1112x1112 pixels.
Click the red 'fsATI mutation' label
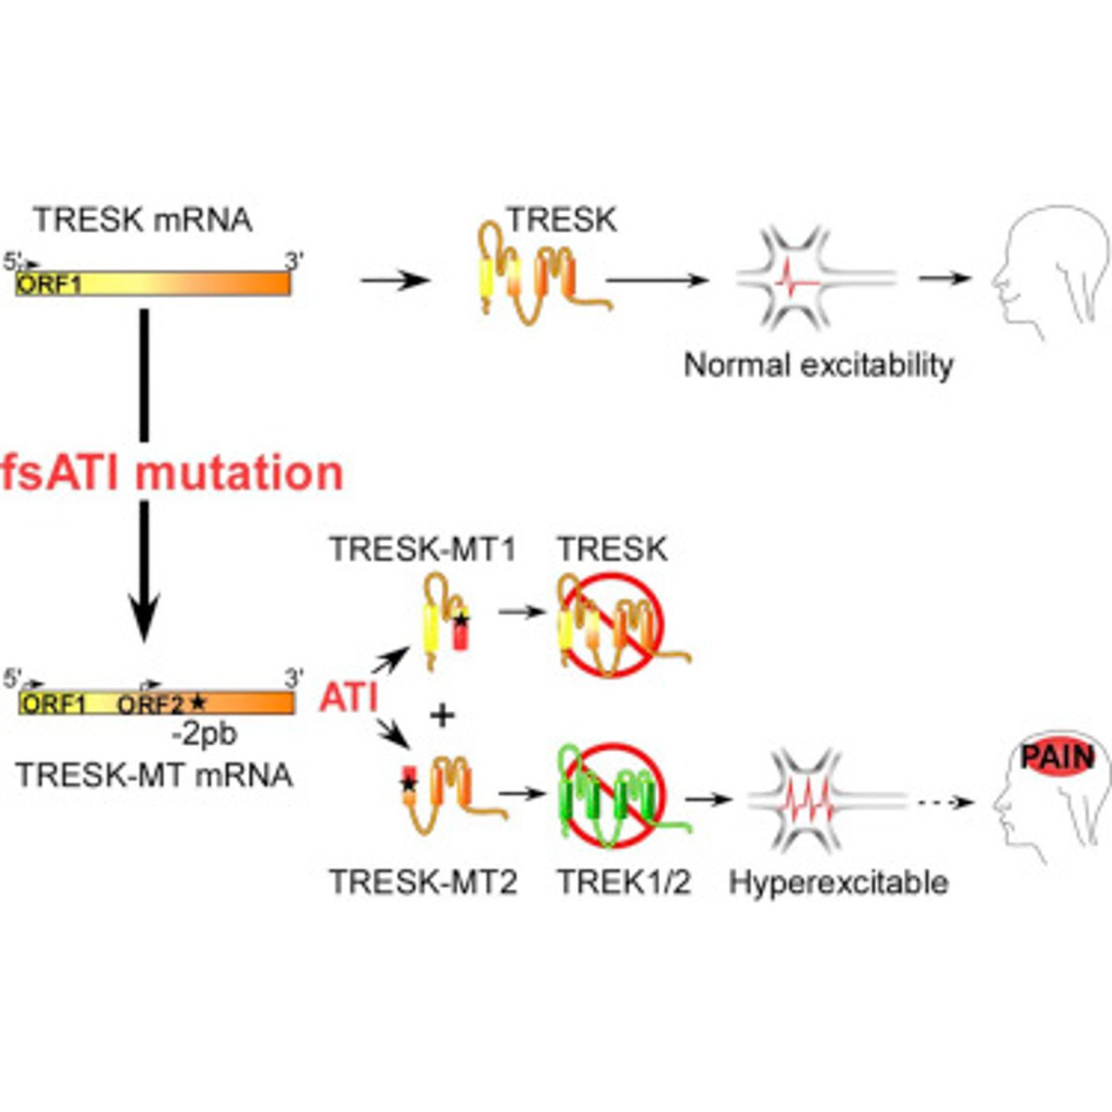[172, 473]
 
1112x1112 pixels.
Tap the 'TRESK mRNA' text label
[143, 220]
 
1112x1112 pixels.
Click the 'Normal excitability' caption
[818, 365]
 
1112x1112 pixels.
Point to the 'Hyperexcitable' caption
[839, 882]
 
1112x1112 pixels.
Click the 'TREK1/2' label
[624, 882]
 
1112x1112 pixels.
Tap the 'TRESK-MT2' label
[423, 882]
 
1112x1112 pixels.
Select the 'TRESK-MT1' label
[423, 549]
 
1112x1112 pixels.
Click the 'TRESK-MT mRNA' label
[155, 775]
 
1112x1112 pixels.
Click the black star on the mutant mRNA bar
[198, 703]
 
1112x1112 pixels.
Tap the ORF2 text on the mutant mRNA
[151, 705]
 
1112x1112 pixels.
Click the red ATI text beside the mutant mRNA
[348, 698]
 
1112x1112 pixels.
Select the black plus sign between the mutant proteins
[442, 716]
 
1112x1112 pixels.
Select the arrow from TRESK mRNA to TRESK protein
[395, 280]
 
